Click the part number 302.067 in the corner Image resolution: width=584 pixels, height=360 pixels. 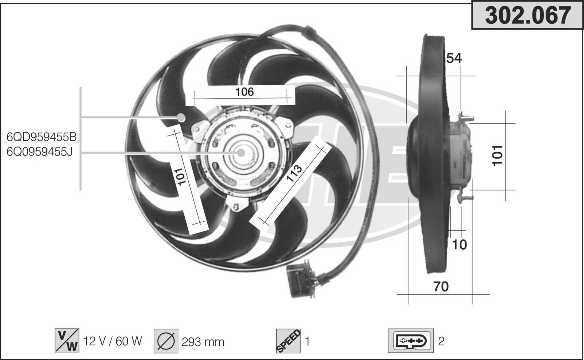pos(528,16)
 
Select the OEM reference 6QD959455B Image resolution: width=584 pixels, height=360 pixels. pos(42,137)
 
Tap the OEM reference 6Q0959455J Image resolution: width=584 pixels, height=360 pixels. pos(40,152)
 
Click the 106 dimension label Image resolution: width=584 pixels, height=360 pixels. pos(244,92)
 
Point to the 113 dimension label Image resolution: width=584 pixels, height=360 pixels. pos(294,173)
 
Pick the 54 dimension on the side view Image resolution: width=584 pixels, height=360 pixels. pos(454,58)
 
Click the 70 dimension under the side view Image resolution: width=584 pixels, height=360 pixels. pos(441,287)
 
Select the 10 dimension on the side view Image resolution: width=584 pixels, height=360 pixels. pos(459,245)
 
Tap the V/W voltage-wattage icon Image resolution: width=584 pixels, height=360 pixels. pos(67,340)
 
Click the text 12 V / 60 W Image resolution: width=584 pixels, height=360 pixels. pos(113,341)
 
